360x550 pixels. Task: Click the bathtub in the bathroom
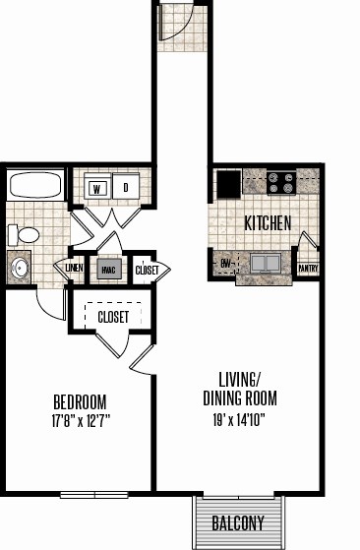point(35,185)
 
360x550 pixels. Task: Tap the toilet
point(24,235)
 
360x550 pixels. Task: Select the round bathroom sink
point(19,269)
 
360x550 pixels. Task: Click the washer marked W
point(97,186)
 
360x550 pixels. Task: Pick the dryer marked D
point(126,186)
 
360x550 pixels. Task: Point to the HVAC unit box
point(109,270)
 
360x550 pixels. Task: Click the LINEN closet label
point(75,269)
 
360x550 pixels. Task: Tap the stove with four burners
point(281,183)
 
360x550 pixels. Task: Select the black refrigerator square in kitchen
point(229,184)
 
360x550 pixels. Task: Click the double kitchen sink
point(266,264)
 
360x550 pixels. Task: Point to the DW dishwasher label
point(226,264)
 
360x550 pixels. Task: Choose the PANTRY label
point(308,269)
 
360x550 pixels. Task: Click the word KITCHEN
point(268,223)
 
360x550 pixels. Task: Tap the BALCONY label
point(238,523)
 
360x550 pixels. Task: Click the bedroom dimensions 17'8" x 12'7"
point(81,420)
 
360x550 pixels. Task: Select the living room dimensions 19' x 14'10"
point(239,419)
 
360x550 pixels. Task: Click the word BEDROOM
point(80,402)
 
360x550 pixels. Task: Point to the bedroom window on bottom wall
point(94,495)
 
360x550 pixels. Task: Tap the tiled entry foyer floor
point(182,28)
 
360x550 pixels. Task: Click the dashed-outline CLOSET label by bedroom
point(113,317)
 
